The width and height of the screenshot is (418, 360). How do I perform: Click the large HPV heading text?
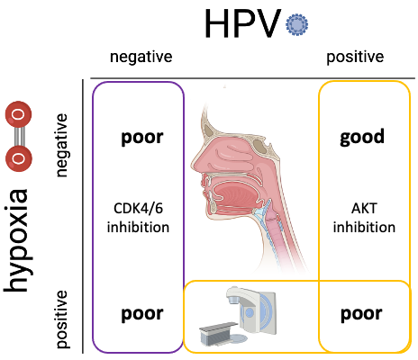click(242, 23)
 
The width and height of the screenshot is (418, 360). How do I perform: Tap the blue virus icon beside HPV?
click(296, 25)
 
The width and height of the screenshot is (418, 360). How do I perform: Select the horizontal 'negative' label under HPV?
click(141, 57)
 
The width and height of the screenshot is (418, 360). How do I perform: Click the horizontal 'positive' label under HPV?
click(355, 57)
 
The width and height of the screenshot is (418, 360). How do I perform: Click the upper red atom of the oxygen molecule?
click(18, 114)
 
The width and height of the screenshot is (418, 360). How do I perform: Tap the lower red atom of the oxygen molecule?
click(19, 158)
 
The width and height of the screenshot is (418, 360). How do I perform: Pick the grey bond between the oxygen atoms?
click(19, 137)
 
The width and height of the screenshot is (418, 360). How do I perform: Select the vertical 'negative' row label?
click(61, 145)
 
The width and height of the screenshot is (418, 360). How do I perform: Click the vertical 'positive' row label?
click(62, 319)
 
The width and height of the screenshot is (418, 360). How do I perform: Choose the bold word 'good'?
click(362, 137)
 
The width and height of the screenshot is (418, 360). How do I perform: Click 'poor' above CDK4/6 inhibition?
click(142, 138)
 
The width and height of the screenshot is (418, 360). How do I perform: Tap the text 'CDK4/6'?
click(138, 208)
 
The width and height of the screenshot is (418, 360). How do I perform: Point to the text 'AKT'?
click(364, 208)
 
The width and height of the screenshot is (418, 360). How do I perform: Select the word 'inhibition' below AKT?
click(364, 227)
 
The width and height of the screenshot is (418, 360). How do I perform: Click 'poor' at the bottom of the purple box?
click(142, 314)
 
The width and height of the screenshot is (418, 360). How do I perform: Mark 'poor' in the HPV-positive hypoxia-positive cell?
click(361, 314)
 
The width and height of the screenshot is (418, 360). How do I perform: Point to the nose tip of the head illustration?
click(193, 165)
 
